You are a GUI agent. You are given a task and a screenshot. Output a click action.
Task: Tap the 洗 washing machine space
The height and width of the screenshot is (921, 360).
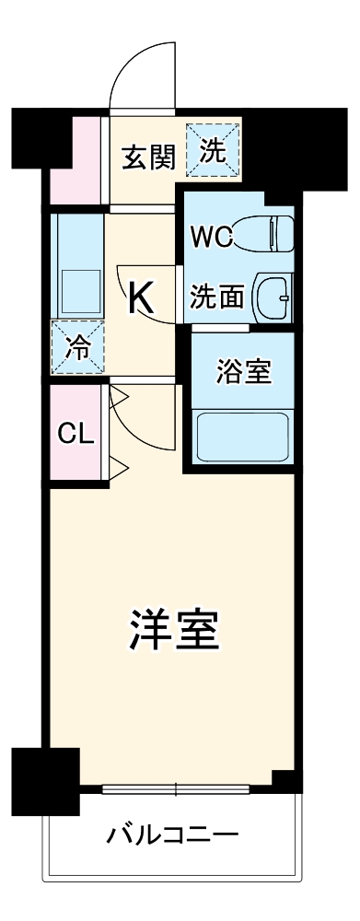click(x=213, y=150)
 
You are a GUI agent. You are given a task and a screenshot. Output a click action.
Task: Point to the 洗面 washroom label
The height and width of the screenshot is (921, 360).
click(x=217, y=297)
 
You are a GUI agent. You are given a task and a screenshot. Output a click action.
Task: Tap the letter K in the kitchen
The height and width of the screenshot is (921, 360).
click(x=141, y=297)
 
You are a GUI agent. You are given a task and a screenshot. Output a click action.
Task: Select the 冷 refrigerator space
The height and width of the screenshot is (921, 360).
click(x=77, y=347)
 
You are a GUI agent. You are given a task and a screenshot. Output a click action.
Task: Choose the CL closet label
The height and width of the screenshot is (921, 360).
click(x=75, y=434)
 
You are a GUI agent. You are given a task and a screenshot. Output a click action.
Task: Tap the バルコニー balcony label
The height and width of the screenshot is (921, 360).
click(x=172, y=836)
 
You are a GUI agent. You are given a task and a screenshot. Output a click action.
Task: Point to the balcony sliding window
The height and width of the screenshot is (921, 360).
click(x=175, y=788)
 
